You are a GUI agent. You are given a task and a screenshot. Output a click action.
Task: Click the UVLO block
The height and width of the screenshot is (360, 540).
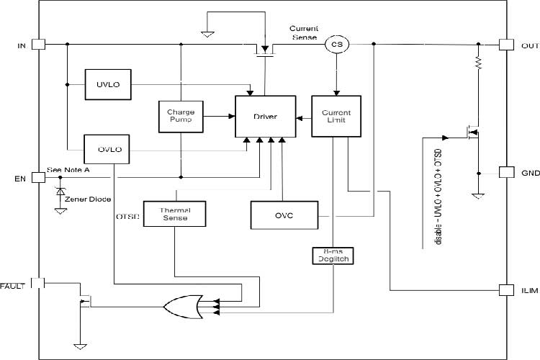pos(107,84)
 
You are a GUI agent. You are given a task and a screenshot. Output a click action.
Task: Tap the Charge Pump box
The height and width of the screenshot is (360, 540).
pos(181,117)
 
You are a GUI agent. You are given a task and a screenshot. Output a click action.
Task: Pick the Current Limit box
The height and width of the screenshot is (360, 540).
pos(336,117)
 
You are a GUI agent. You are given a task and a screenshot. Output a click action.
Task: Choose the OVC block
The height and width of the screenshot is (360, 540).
pos(284,215)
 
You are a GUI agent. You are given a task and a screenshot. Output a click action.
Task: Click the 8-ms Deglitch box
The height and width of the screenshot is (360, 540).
pos(332,256)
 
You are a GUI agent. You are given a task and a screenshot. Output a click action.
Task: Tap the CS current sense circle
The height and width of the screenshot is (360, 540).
pos(336,45)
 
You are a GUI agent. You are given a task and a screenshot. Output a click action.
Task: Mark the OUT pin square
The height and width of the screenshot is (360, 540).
pos(505,45)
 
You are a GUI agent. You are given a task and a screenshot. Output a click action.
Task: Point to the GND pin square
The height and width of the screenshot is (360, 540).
pos(505,173)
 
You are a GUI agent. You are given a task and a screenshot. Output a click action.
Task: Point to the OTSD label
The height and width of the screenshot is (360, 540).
pos(127,215)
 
